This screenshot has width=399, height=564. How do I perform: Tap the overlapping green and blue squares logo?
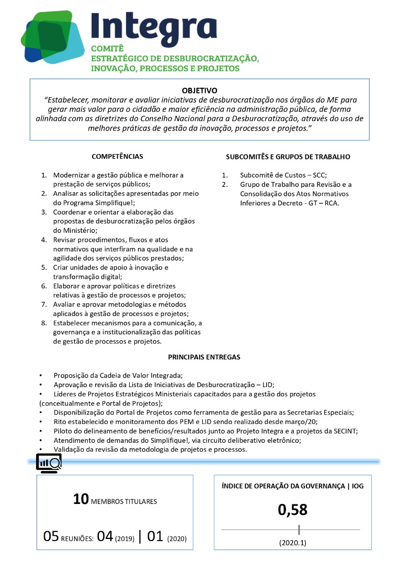[52, 38]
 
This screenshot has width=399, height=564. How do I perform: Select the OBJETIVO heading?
[199, 90]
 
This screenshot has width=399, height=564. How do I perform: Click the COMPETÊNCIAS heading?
[117, 157]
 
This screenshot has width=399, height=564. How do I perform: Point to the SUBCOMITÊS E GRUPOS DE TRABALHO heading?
[288, 157]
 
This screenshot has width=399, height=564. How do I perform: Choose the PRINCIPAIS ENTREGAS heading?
[204, 357]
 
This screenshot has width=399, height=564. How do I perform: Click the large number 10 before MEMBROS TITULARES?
[81, 500]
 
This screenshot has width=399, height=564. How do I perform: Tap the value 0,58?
[292, 510]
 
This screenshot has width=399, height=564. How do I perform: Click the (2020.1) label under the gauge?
[292, 543]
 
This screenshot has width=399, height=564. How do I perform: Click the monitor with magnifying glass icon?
[49, 463]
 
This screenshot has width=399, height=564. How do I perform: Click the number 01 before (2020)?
[156, 536]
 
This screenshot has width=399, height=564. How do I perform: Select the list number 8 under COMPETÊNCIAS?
[44, 323]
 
